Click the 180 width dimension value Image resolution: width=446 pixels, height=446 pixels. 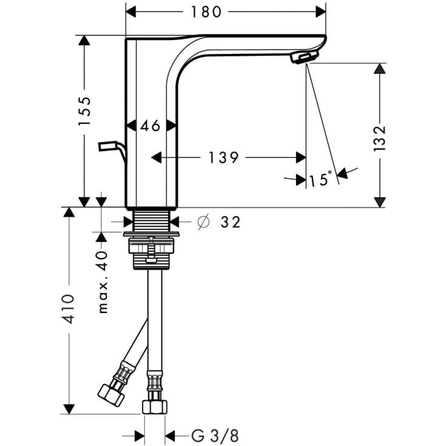point(206,12)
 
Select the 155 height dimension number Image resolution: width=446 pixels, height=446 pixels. point(84,111)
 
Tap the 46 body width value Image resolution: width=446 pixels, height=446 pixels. point(150,126)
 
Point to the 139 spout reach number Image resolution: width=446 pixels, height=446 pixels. point(223,158)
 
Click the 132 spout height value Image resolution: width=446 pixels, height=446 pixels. point(379,138)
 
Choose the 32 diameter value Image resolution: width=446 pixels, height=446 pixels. point(231,222)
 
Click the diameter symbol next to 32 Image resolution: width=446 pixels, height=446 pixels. point(203,221)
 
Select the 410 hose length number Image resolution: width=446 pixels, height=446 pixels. point(69,309)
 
